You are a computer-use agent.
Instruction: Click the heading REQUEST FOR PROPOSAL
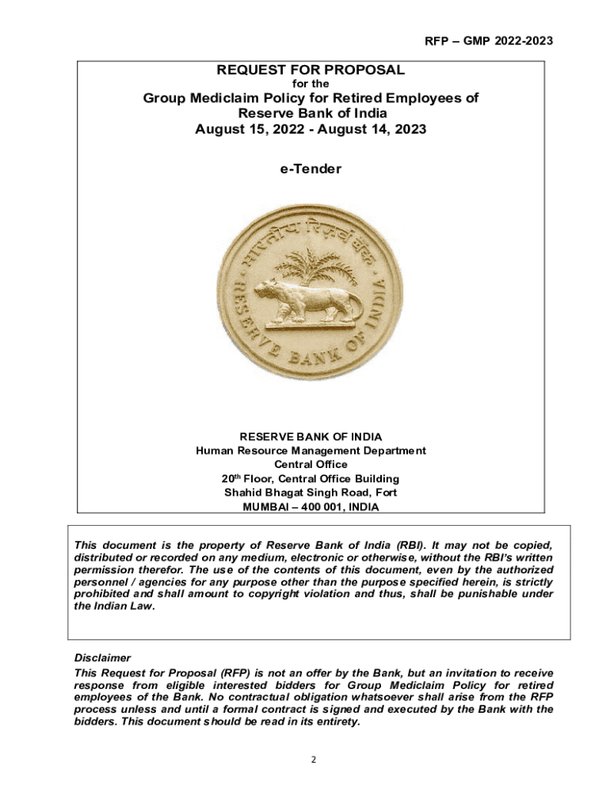click(x=311, y=70)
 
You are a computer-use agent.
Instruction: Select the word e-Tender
click(x=311, y=168)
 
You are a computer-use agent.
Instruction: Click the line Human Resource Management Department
click(x=311, y=451)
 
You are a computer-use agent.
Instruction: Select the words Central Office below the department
click(x=311, y=465)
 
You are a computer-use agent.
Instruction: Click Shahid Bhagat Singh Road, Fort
click(x=311, y=493)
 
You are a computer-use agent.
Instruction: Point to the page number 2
click(x=313, y=760)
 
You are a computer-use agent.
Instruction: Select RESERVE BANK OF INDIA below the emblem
click(x=311, y=436)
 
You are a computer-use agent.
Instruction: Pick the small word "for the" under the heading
click(x=311, y=83)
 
